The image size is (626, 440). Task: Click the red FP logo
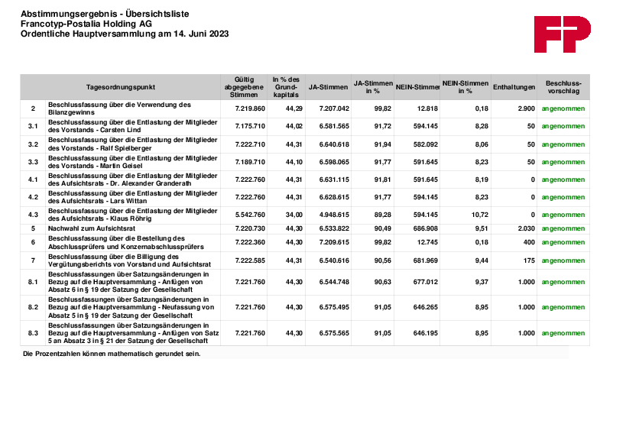[x=562, y=34]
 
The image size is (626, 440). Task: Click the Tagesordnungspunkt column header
[x=122, y=87]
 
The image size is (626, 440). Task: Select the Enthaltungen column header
[x=514, y=87]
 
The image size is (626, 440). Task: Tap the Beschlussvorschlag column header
[x=563, y=86]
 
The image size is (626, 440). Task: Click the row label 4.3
[x=33, y=215]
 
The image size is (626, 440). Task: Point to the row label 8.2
[x=33, y=307]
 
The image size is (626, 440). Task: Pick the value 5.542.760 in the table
[x=250, y=215]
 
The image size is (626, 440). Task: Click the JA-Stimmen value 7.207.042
[x=334, y=108]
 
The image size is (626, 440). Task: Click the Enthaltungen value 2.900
[x=526, y=108]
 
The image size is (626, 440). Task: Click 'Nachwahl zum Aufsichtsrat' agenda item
[x=92, y=228]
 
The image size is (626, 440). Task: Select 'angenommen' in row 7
[x=563, y=260]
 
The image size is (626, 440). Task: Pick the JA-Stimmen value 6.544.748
[x=334, y=282]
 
